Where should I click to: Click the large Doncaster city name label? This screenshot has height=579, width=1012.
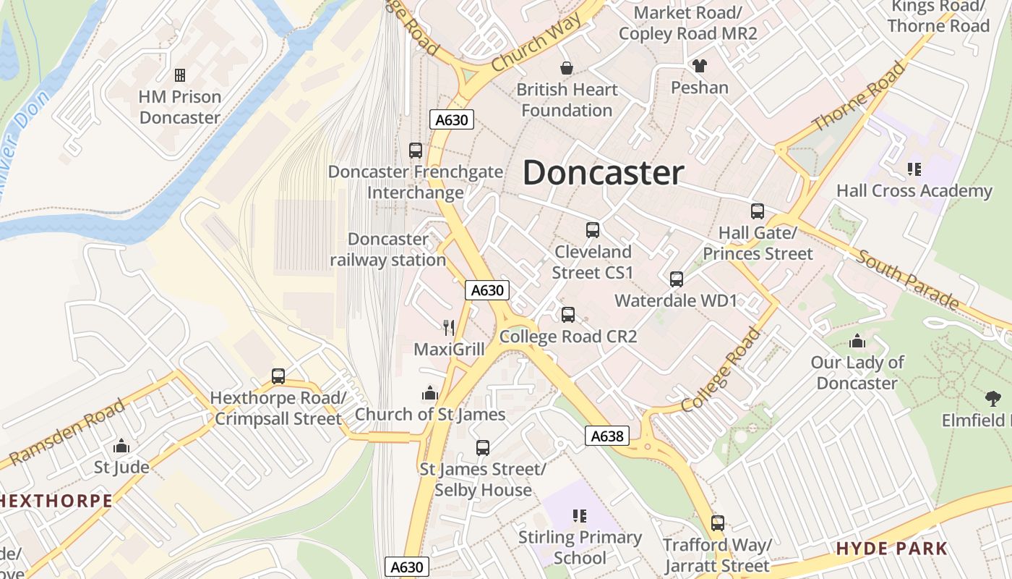point(603,173)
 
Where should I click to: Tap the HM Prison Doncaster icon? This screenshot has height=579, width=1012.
point(180,75)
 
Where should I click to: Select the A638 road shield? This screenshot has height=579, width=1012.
point(606,436)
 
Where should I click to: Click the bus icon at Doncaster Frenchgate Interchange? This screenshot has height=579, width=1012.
point(416,151)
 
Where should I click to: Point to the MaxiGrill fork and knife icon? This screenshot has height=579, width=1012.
point(449,328)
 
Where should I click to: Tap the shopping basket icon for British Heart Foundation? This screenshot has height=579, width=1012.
point(567,68)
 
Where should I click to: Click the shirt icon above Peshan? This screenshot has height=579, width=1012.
point(699,66)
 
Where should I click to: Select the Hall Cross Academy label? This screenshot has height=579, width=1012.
point(914,191)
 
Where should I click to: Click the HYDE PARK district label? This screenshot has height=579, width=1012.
point(891,549)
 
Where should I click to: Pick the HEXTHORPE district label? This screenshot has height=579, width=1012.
point(56,501)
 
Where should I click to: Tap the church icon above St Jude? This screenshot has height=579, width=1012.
point(121,445)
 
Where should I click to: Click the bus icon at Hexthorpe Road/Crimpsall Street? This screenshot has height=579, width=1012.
point(278,376)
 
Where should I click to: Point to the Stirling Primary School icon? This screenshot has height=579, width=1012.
point(580,516)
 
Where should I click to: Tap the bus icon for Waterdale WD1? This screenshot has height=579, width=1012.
point(677,279)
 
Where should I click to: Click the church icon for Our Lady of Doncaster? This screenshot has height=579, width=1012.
point(857,341)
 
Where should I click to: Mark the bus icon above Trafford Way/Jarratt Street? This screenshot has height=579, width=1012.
point(717,523)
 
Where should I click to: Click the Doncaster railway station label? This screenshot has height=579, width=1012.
point(388,250)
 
